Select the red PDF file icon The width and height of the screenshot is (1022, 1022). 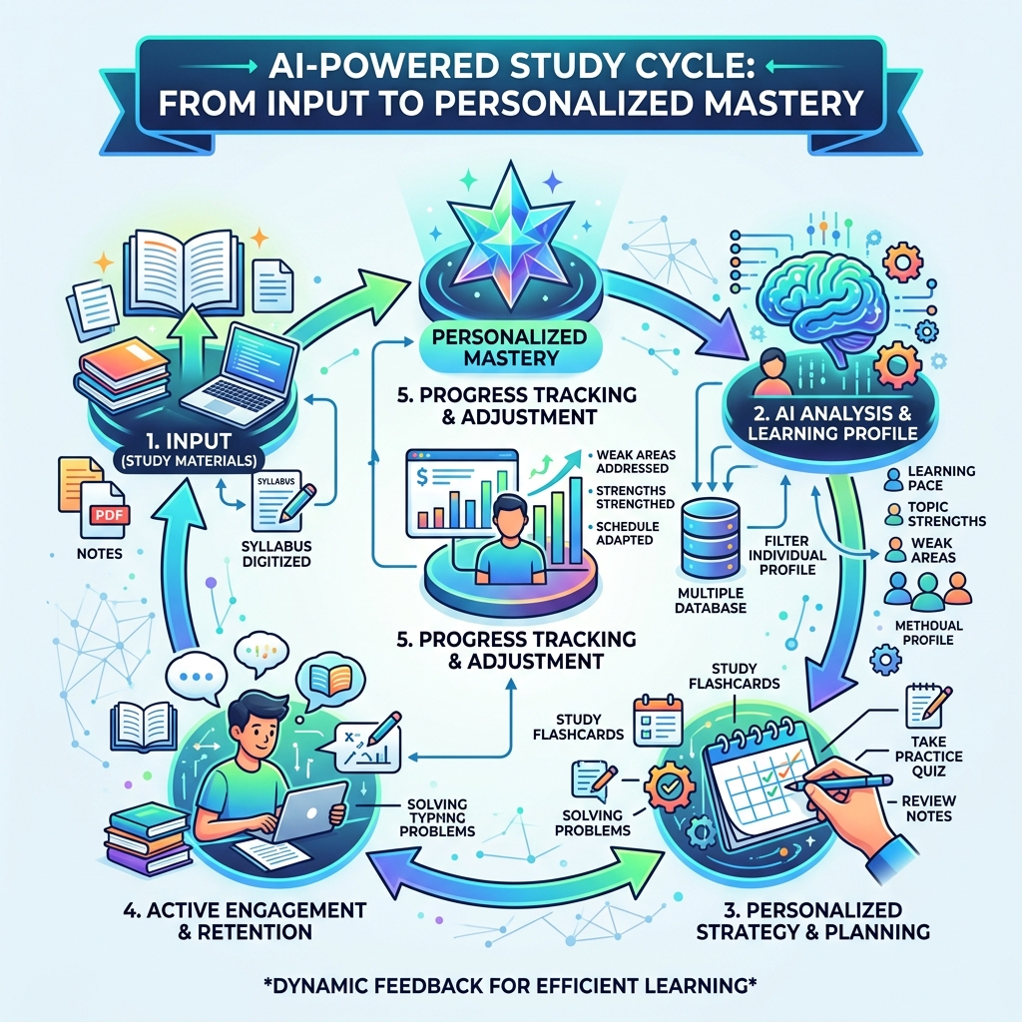point(102,513)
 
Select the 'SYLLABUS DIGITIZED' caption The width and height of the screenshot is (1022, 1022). point(277,553)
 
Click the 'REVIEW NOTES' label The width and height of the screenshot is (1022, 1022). point(925,808)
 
